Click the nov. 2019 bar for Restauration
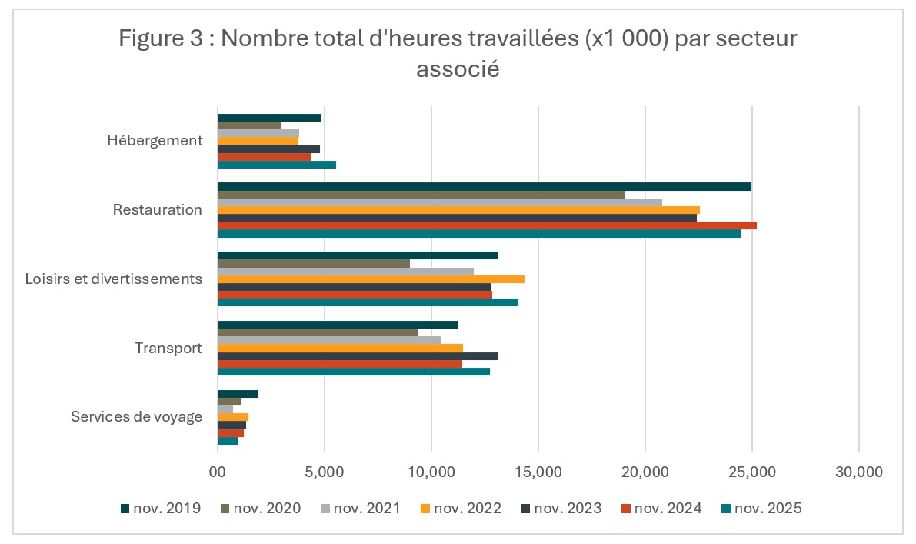click(x=485, y=186)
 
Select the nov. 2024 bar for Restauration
click(x=487, y=225)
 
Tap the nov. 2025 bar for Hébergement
click(x=277, y=165)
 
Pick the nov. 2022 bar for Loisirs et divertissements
click(x=371, y=279)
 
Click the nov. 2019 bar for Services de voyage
click(x=238, y=394)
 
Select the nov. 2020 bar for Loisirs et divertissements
click(x=314, y=263)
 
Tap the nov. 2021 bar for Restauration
click(x=440, y=202)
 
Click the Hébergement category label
click(x=155, y=141)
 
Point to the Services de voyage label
click(x=136, y=417)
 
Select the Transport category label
click(x=168, y=348)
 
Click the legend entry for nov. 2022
click(x=461, y=508)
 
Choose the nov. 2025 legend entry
click(x=761, y=508)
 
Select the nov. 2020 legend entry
click(x=260, y=508)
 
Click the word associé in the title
click(x=458, y=70)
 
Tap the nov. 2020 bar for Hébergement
click(x=249, y=125)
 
